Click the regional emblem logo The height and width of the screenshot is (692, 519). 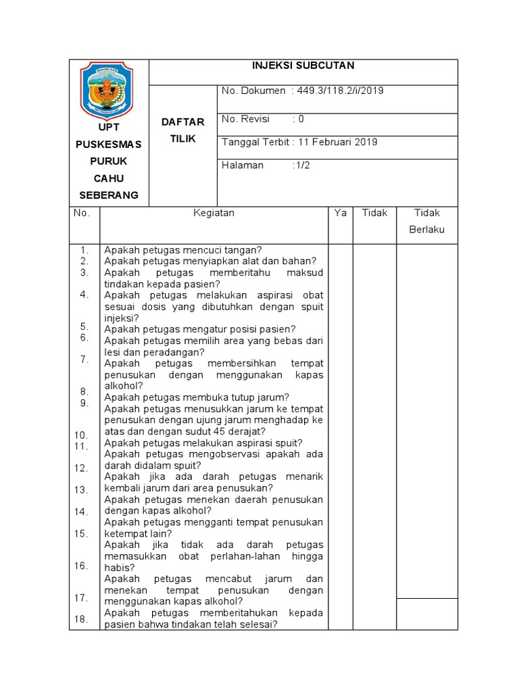(108, 89)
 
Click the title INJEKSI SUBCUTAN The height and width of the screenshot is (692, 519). (303, 66)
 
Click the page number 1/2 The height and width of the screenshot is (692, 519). (301, 166)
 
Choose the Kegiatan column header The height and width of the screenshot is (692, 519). (214, 213)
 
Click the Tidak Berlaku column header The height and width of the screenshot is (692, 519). (426, 221)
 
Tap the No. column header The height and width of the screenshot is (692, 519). (82, 213)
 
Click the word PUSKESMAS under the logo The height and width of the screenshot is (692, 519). (108, 145)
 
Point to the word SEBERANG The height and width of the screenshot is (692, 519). (108, 195)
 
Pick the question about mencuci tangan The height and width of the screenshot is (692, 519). (183, 249)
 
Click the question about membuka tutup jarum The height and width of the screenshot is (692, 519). (197, 397)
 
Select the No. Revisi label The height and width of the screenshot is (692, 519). (245, 119)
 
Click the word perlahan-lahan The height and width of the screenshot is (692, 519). (247, 556)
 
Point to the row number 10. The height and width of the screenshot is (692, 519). (82, 435)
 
